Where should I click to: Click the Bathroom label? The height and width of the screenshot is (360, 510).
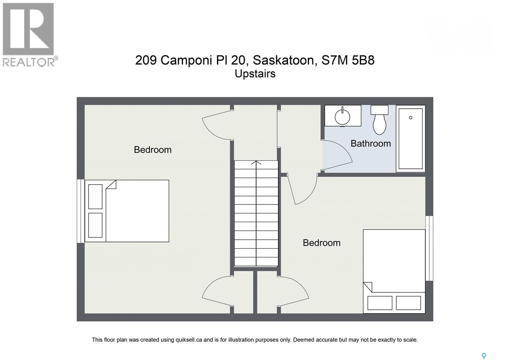click(x=370, y=143)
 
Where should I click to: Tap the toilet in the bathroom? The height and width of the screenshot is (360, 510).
click(x=379, y=121)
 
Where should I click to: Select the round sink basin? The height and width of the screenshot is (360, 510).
click(x=342, y=116)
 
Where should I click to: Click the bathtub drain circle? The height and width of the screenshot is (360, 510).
click(x=411, y=118)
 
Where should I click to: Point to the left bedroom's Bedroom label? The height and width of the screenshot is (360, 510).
click(x=152, y=150)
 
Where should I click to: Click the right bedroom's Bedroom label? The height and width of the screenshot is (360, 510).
click(x=321, y=243)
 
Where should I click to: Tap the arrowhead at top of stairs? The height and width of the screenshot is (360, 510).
click(x=256, y=163)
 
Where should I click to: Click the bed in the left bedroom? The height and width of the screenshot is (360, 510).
click(x=137, y=211)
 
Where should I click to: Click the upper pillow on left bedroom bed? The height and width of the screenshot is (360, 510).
click(x=95, y=196)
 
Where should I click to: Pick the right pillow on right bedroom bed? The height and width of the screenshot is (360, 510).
click(x=408, y=303)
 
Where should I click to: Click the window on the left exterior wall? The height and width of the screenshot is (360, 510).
click(x=80, y=211)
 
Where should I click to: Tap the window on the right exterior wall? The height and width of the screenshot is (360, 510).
click(x=429, y=248)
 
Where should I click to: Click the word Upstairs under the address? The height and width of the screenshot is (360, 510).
click(x=255, y=74)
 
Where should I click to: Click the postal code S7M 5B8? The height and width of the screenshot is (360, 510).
click(x=348, y=60)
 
